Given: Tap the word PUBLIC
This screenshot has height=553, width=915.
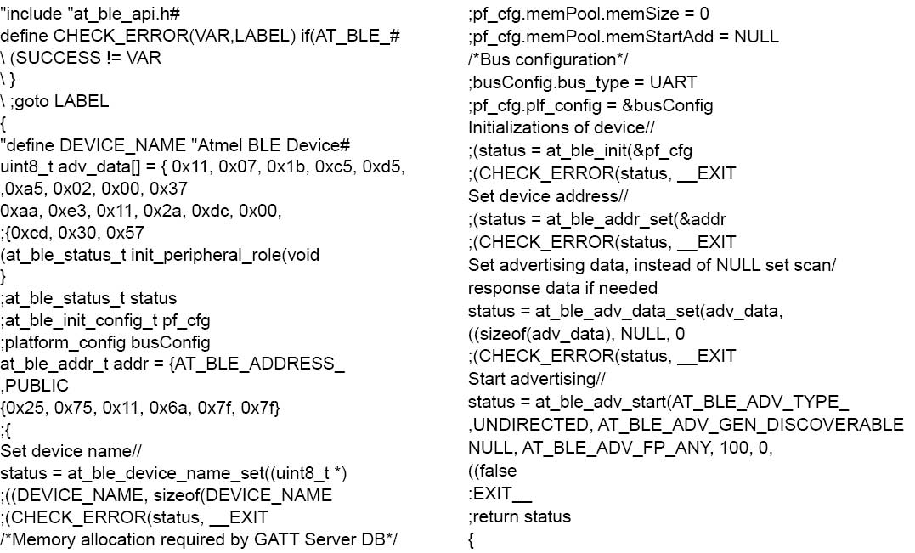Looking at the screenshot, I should (x=37, y=386).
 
